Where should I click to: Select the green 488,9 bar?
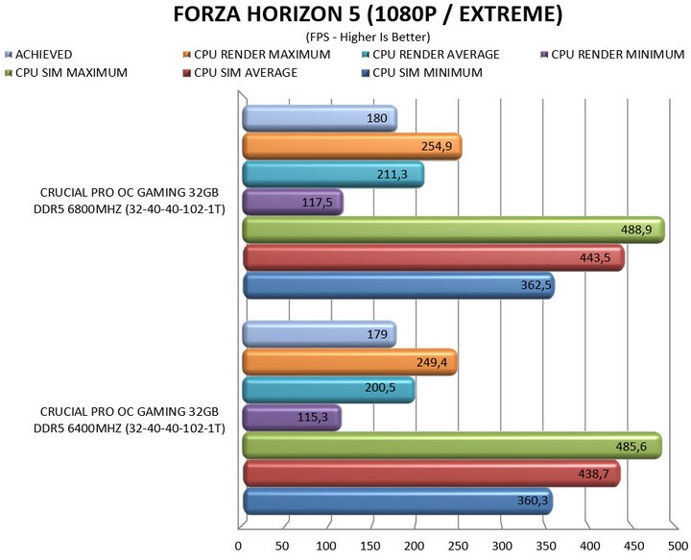tap(451, 231)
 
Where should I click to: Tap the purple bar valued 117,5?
tap(292, 203)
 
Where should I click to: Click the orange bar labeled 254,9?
tap(351, 147)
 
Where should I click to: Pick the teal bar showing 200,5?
tap(327, 390)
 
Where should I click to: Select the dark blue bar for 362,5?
tap(397, 286)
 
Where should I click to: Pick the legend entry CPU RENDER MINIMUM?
tap(619, 55)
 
